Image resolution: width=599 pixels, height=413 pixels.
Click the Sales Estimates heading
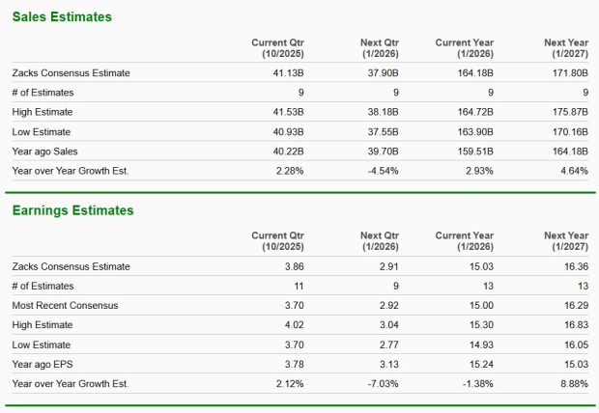pyautogui.click(x=63, y=16)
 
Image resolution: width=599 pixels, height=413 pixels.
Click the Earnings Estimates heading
pyautogui.click(x=72, y=210)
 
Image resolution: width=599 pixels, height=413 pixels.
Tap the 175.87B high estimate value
pyautogui.click(x=567, y=112)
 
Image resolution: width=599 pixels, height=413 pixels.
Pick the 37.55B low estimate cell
pyautogui.click(x=380, y=131)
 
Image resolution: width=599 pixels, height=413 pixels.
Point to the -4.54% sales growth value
pyautogui.click(x=379, y=171)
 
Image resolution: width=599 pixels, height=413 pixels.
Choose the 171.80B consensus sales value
pyautogui.click(x=567, y=72)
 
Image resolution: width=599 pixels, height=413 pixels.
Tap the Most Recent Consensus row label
pyautogui.click(x=65, y=306)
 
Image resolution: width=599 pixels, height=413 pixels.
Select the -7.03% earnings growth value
pyautogui.click(x=379, y=384)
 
